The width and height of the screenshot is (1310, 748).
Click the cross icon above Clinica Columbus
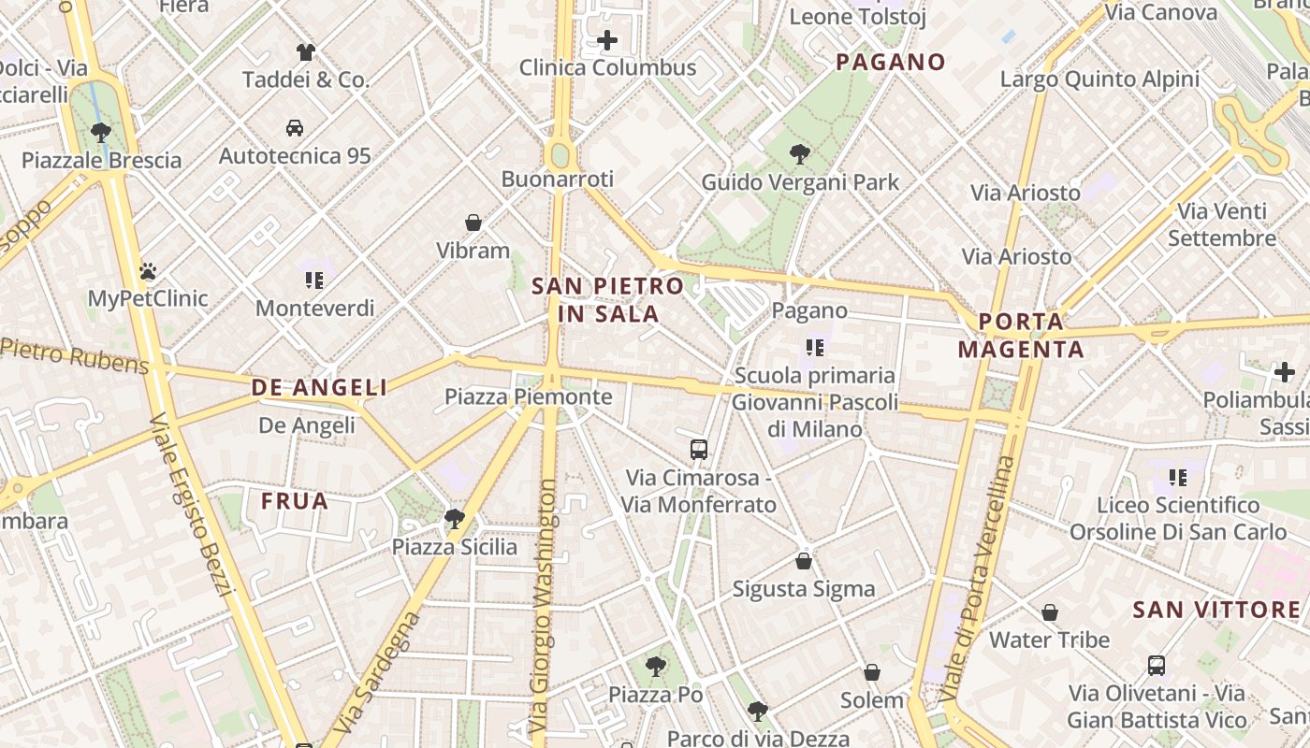click(x=607, y=40)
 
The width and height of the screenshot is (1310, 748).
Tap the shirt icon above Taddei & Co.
click(x=306, y=52)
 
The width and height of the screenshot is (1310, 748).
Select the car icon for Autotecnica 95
click(x=295, y=128)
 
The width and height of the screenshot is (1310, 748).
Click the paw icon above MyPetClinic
click(x=148, y=272)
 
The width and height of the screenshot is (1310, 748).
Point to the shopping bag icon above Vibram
click(x=473, y=223)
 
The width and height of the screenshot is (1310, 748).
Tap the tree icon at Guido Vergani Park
click(x=800, y=154)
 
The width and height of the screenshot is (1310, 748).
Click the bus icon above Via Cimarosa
click(x=699, y=450)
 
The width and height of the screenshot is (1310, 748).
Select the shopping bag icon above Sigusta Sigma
click(x=804, y=561)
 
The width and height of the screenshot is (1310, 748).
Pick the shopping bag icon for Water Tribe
click(x=1050, y=612)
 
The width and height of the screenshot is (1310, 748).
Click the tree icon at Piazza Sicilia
click(x=455, y=518)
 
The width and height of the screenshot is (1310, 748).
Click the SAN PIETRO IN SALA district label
click(x=608, y=299)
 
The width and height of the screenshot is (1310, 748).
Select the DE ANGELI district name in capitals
click(x=319, y=387)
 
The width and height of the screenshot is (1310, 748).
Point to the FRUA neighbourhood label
click(x=295, y=501)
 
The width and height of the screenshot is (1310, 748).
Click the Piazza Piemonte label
click(x=528, y=396)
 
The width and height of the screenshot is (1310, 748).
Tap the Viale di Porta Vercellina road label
click(x=979, y=580)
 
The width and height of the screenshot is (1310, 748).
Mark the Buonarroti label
click(x=558, y=179)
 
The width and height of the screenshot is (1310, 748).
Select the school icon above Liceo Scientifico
click(x=1178, y=478)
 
